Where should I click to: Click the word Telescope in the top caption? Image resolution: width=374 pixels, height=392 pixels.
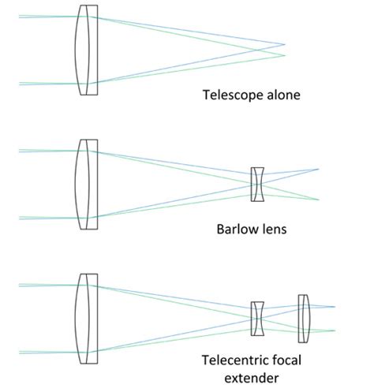(229, 96)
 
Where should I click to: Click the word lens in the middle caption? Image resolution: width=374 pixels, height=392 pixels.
(273, 232)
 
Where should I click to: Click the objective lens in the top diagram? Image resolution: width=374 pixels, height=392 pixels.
(88, 50)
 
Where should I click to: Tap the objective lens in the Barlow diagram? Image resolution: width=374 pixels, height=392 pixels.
(88, 185)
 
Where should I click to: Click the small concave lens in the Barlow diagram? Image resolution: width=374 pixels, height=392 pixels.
(257, 185)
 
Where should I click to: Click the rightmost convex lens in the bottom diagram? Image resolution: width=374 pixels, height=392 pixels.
(304, 317)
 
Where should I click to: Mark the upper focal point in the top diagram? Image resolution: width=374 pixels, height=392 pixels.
(285, 44)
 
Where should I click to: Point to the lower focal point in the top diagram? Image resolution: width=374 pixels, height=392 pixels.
(285, 55)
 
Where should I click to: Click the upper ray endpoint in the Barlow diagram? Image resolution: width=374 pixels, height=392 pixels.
(319, 169)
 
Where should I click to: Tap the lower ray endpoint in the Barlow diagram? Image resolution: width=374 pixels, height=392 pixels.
(319, 200)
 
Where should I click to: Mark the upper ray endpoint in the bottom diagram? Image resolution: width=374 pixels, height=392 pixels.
(335, 307)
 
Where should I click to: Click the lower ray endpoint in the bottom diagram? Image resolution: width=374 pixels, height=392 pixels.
(335, 330)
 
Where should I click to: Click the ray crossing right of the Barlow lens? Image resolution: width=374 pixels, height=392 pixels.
(271, 184)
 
